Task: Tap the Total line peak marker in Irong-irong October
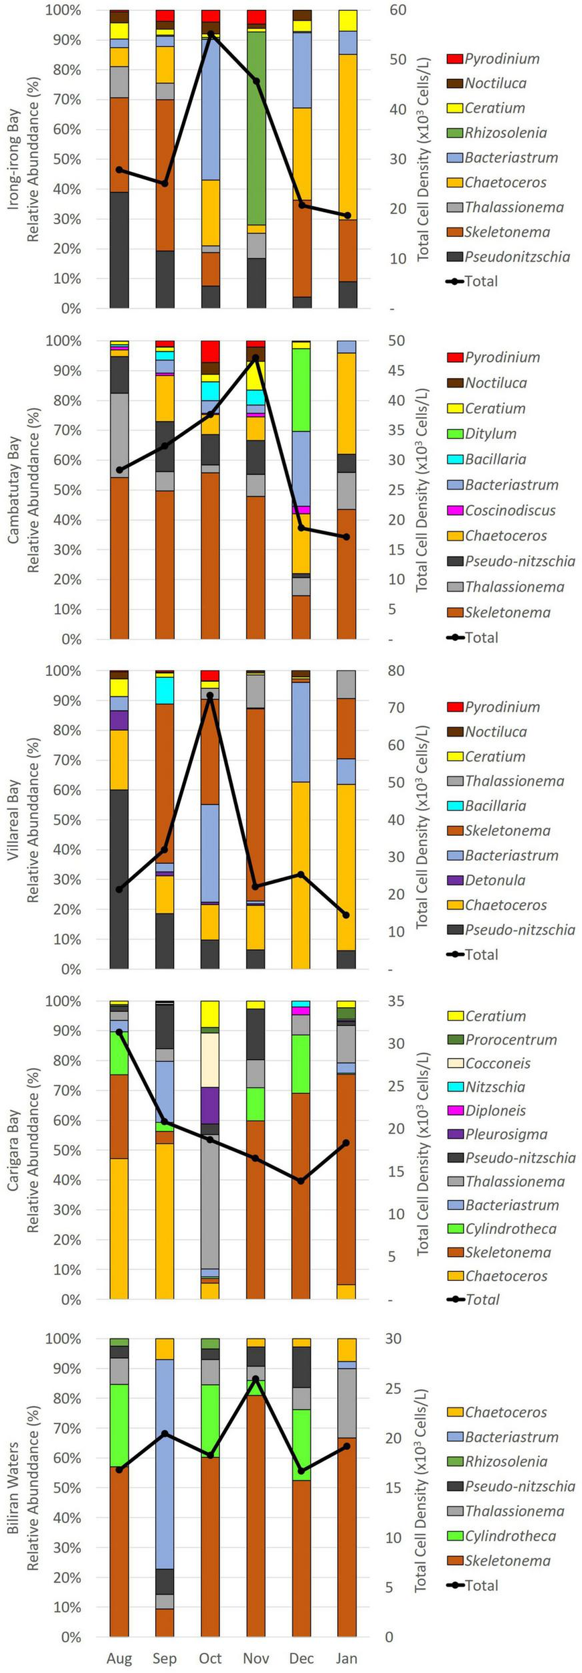(x=211, y=34)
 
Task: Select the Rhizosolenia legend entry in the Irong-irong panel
(x=506, y=133)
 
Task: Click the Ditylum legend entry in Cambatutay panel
(x=490, y=434)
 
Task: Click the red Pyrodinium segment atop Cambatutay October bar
(x=211, y=351)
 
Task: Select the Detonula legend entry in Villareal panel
(x=495, y=880)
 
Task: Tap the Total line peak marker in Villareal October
(x=211, y=696)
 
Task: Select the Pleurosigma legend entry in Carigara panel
(x=506, y=1134)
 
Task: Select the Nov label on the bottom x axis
(x=256, y=1658)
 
